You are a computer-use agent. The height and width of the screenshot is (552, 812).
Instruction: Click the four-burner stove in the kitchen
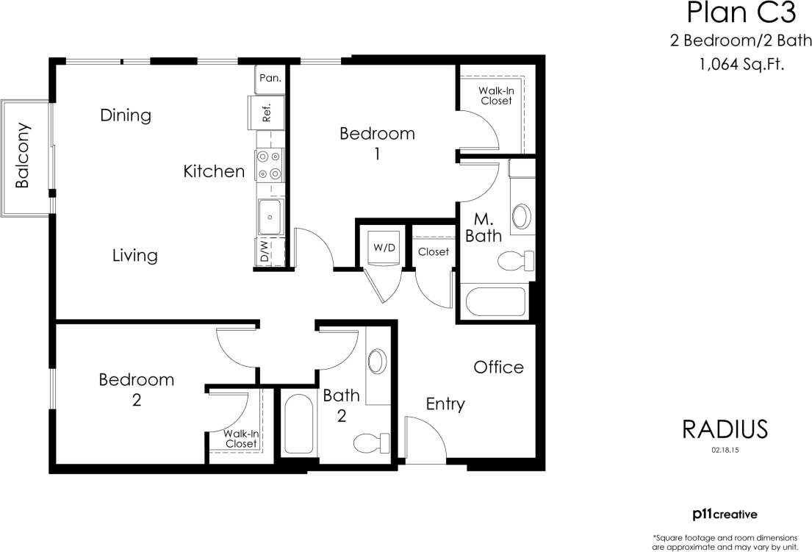point(269,165)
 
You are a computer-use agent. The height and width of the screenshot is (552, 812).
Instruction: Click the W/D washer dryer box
point(384,247)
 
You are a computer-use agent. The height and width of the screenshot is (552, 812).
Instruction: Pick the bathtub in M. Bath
point(496,303)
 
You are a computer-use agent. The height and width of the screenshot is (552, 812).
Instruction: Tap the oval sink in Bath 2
point(377,361)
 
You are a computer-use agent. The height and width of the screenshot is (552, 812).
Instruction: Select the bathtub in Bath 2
point(298,424)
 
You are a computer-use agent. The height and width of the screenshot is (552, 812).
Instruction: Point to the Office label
point(498,367)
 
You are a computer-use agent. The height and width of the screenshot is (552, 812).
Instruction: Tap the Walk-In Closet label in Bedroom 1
point(496,96)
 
